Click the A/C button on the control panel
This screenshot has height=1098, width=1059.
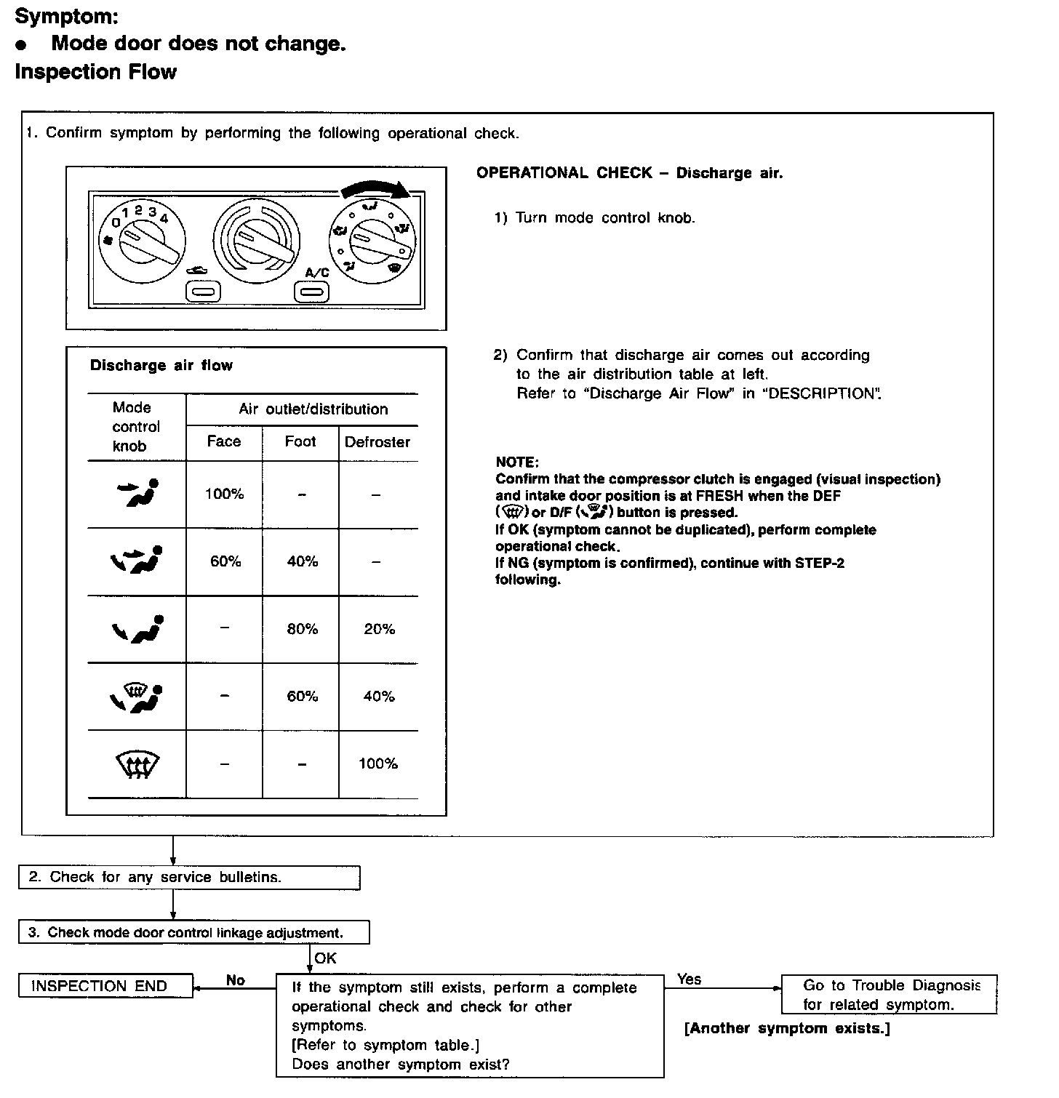click(311, 292)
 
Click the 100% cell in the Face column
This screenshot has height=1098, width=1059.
click(224, 494)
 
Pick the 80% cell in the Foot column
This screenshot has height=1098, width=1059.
click(302, 629)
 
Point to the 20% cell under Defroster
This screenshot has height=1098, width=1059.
click(379, 629)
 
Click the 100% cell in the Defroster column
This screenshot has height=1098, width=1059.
click(378, 764)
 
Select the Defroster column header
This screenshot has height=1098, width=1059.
click(377, 442)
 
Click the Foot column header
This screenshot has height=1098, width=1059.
click(300, 441)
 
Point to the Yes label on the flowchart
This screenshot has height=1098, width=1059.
click(689, 979)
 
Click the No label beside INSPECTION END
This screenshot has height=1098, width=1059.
click(235, 980)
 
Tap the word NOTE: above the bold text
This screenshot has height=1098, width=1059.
click(517, 462)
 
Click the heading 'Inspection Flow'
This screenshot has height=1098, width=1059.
click(95, 72)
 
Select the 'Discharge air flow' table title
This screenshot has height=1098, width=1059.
click(161, 366)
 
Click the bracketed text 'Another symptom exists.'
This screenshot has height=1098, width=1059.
click(787, 1028)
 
